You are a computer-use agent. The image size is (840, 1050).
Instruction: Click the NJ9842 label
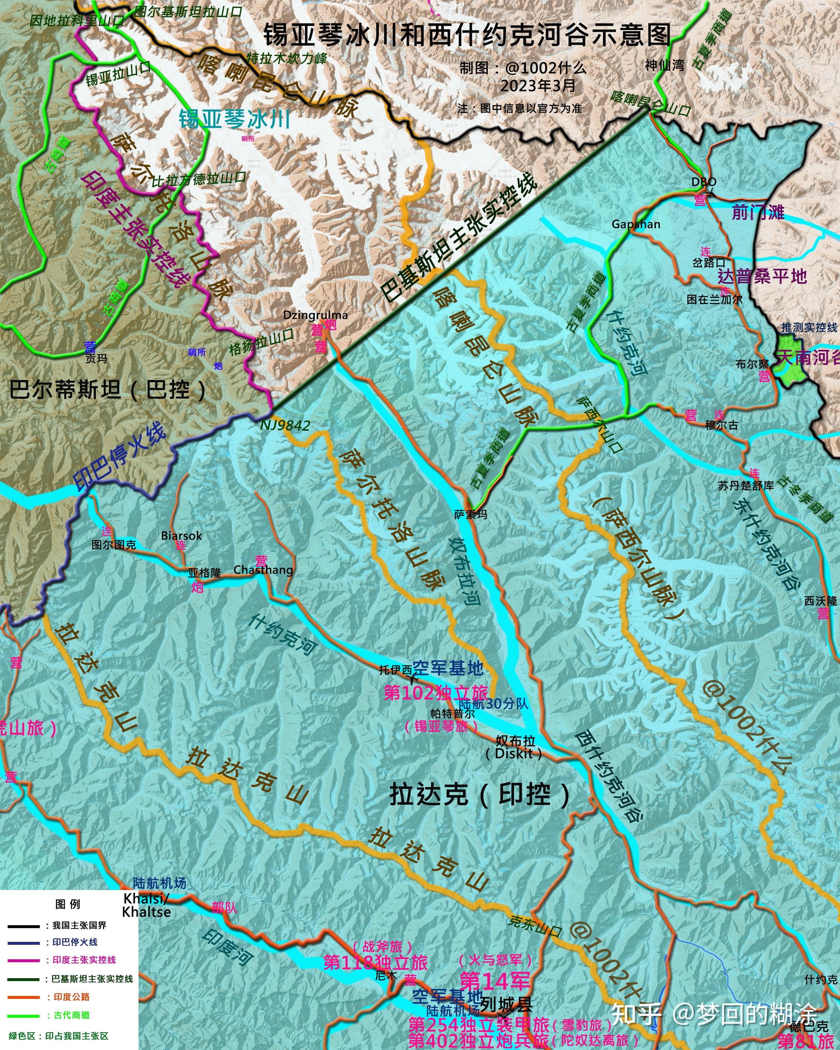285,426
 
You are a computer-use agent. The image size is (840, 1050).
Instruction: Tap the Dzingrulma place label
316,315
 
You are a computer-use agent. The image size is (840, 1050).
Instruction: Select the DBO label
704,181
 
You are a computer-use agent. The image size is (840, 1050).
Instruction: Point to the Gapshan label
636,224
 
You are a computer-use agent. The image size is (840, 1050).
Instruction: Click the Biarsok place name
181,536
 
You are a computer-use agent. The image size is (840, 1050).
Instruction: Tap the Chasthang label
263,570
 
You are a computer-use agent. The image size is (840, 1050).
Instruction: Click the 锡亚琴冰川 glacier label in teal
235,119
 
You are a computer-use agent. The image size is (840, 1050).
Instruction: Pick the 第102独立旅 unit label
436,693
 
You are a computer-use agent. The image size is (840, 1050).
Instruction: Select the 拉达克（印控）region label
480,794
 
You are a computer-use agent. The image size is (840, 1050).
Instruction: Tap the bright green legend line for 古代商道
23,1016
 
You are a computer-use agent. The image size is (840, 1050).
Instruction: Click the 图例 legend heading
68,904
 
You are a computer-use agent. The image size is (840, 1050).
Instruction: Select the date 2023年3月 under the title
538,86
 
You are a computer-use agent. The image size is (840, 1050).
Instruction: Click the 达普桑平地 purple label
762,276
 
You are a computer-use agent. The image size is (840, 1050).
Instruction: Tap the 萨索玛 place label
470,514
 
